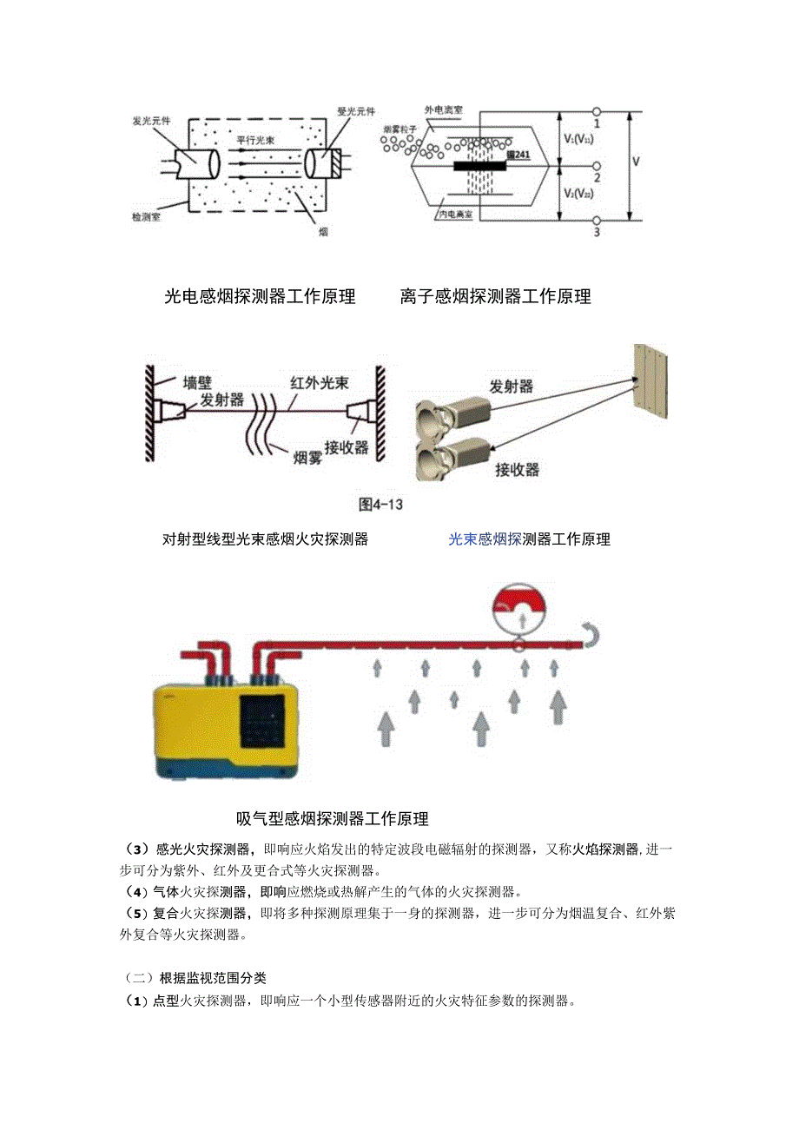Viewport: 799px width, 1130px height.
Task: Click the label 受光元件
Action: click(355, 111)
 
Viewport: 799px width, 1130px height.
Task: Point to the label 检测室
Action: click(146, 215)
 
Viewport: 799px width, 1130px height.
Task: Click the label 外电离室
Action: click(443, 111)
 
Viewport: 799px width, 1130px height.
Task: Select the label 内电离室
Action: click(455, 213)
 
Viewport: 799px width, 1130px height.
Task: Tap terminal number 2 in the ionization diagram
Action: click(598, 177)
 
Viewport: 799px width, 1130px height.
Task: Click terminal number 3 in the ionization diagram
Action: click(598, 233)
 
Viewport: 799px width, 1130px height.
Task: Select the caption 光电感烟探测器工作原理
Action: click(260, 296)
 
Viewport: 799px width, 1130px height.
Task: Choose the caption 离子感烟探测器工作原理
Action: click(495, 296)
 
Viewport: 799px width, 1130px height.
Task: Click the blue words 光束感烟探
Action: click(485, 539)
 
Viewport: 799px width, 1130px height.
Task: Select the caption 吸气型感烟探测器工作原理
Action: click(332, 819)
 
